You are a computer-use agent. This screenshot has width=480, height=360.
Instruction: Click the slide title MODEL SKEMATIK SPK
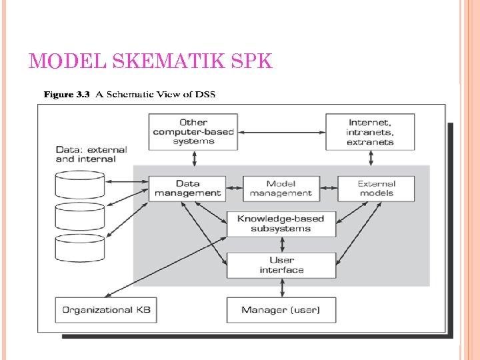151,61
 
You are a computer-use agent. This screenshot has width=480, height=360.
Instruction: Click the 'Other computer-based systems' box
193,132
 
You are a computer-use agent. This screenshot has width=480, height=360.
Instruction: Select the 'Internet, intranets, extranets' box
371,132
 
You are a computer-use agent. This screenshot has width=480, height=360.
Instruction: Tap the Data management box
187,189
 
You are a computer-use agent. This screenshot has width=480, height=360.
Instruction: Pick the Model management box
281,189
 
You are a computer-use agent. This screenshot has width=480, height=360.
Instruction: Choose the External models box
376,189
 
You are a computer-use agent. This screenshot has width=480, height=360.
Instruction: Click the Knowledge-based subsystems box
281,224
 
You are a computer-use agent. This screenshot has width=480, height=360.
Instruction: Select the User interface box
281,265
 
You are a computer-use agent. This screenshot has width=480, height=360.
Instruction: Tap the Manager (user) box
281,310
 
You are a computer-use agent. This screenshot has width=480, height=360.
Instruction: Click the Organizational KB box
107,310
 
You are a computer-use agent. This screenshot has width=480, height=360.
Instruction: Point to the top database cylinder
80,184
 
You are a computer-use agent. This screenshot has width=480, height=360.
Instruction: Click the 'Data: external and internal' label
91,155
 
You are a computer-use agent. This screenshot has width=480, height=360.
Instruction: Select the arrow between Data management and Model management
235,189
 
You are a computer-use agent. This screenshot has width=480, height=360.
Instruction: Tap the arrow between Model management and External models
328,189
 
